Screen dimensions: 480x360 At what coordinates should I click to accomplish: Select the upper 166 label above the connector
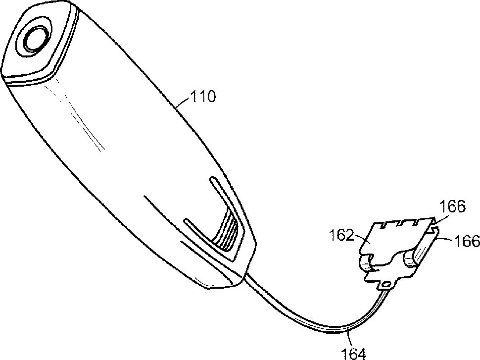(x=453, y=206)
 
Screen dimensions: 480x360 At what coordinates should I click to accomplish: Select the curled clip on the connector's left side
(x=367, y=263)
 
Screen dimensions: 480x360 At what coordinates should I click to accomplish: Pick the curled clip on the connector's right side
(x=413, y=258)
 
